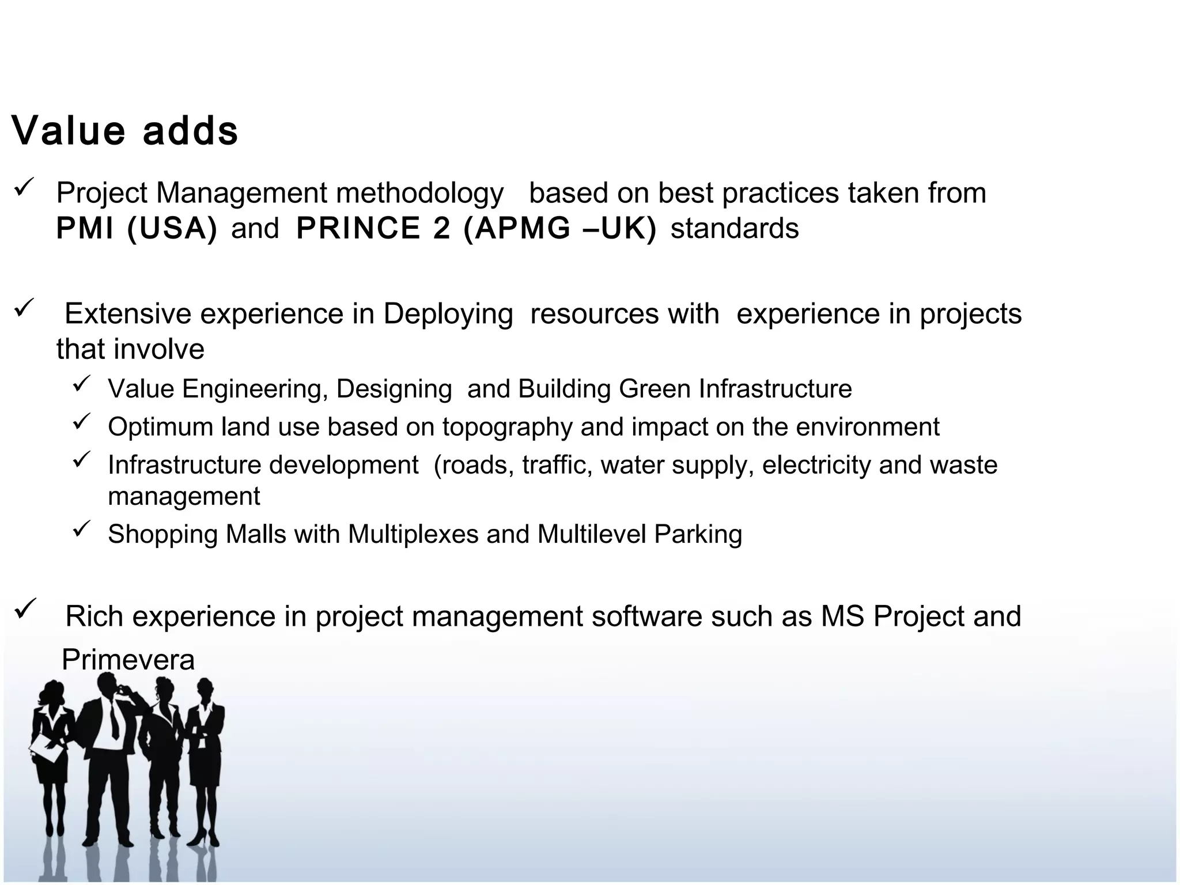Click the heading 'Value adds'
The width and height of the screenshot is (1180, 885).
pyautogui.click(x=124, y=131)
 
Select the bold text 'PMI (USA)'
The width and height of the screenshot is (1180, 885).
pyautogui.click(x=137, y=228)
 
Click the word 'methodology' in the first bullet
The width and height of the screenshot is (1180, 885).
pyautogui.click(x=419, y=193)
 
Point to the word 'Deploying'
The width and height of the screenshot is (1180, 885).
pyautogui.click(x=448, y=314)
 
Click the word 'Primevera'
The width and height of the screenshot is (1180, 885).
pyautogui.click(x=128, y=660)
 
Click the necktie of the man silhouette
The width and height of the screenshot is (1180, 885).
pyautogui.click(x=114, y=720)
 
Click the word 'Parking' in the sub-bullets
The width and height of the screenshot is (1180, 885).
pyautogui.click(x=698, y=534)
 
